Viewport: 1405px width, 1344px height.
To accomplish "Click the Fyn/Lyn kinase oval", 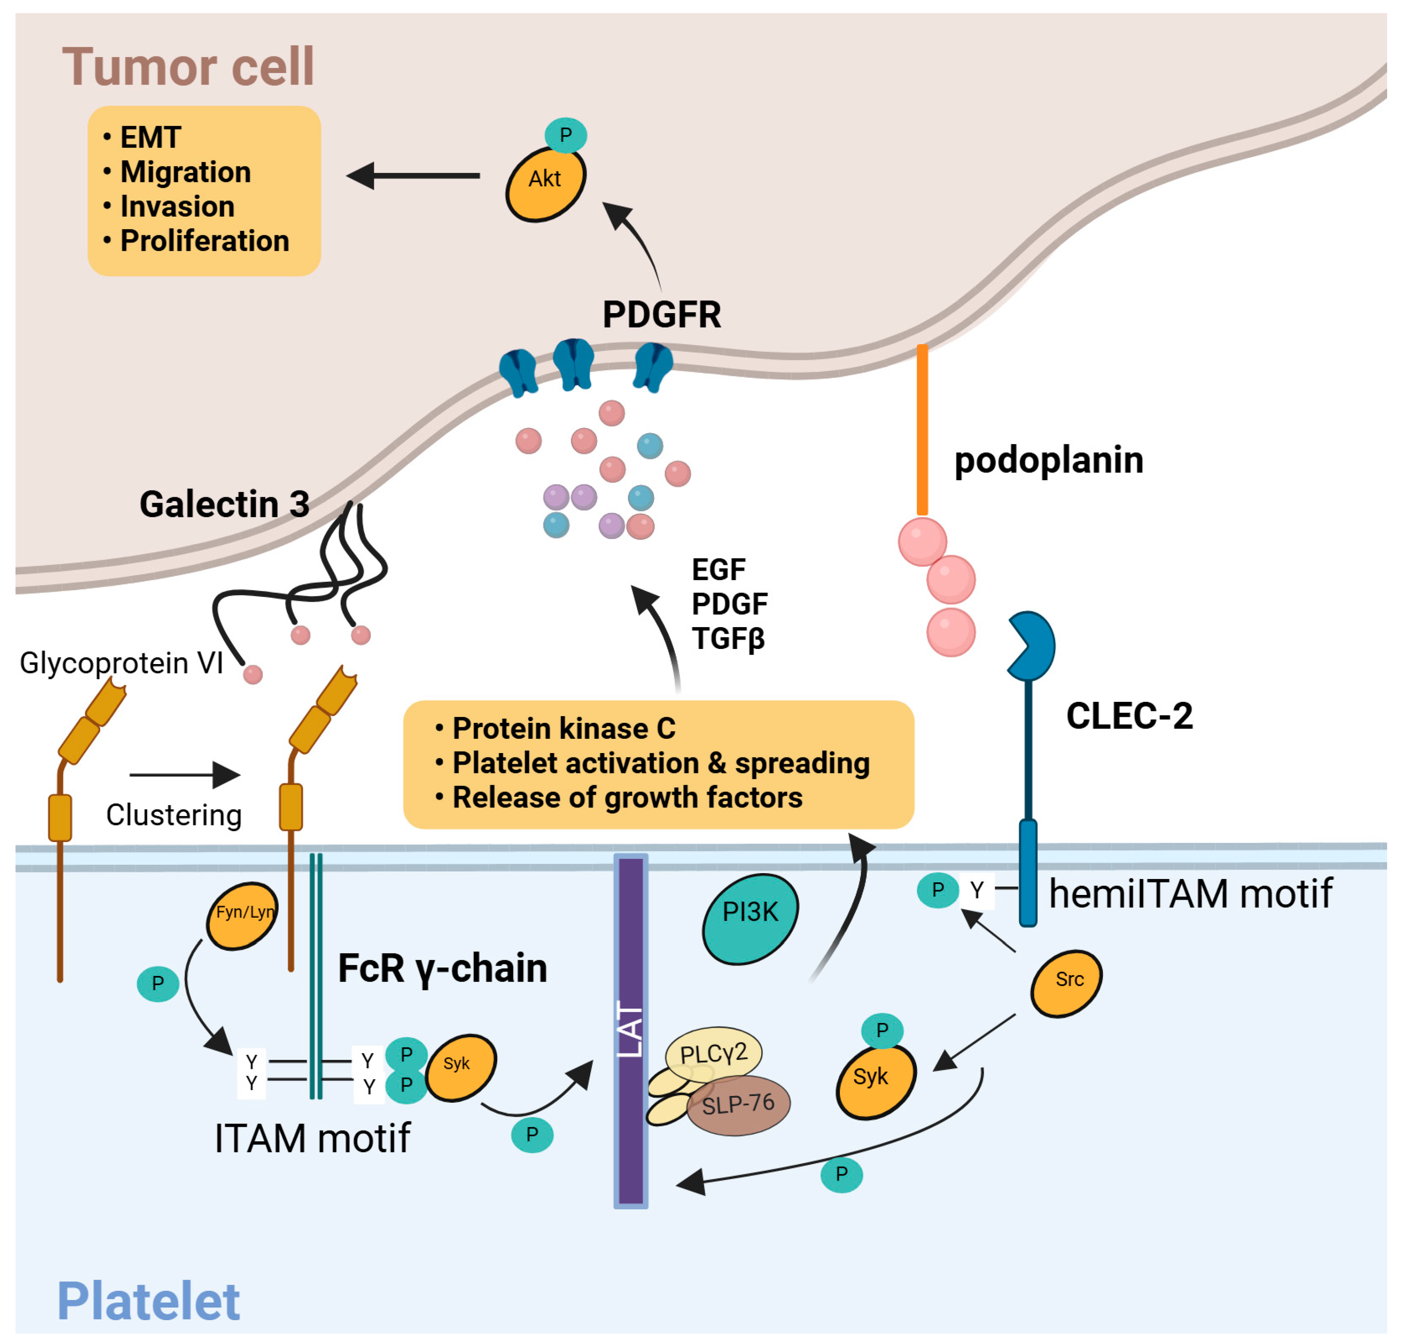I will point(242,916).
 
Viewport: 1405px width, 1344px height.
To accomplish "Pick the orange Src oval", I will point(1066,983).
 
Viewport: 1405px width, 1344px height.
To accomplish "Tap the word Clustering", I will point(173,815).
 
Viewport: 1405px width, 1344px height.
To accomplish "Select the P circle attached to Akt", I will point(565,135).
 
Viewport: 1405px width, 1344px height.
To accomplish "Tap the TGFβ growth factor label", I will point(728,638).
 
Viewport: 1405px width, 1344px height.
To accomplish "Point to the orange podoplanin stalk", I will point(922,430).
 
